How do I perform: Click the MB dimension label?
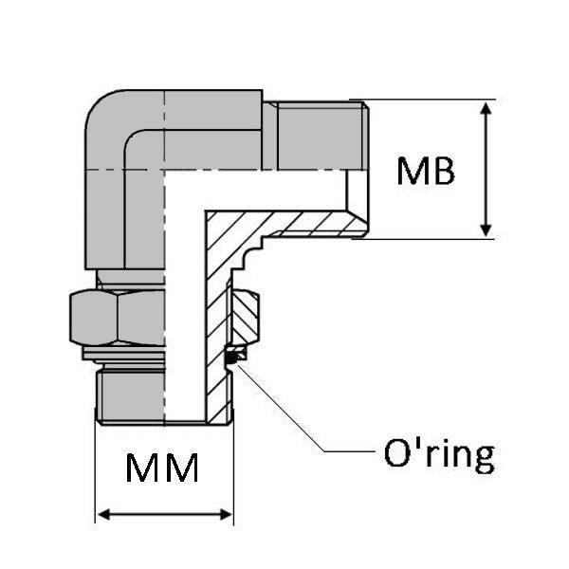tap(426, 171)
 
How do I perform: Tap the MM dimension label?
tap(163, 468)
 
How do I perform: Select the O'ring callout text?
tap(438, 454)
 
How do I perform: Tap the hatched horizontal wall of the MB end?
tap(303, 224)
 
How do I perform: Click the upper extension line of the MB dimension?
tap(427, 99)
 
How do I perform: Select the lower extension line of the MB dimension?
tap(427, 239)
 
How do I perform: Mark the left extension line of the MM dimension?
tap(95, 474)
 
